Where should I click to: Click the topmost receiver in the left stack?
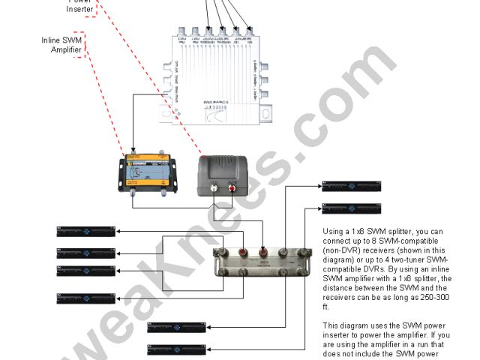pyautogui.click(x=87, y=231)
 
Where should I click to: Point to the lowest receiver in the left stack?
pyautogui.click(x=87, y=298)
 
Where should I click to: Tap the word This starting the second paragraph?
pyautogui.click(x=331, y=325)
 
